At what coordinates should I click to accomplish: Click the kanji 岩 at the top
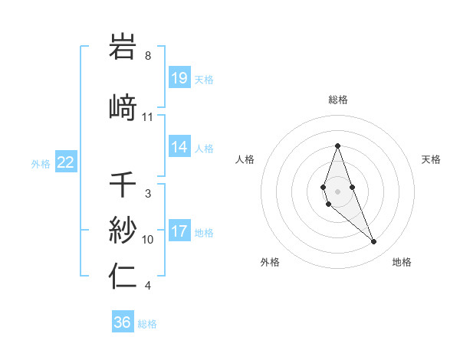pos(123,47)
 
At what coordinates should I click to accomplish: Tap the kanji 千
pos(123,185)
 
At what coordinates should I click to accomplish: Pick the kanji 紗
pos(123,229)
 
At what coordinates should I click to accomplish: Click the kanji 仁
pos(123,276)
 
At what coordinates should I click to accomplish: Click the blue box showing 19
pos(179,78)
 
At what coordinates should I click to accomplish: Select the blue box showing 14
pos(179,147)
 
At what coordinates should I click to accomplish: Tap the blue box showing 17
pos(179,231)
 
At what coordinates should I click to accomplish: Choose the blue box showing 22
pos(66,162)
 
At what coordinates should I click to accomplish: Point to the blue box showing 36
pos(123,322)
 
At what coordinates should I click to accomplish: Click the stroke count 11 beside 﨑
pos(147,117)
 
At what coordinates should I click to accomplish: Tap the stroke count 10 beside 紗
pos(147,240)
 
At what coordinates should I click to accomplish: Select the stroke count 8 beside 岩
pos(147,56)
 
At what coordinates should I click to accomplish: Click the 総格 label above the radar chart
pos(338,100)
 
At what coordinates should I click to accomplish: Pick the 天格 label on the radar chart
pos(431,159)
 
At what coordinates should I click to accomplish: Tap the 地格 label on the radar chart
pos(402,262)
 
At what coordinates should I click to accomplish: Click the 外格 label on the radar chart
pos(270,262)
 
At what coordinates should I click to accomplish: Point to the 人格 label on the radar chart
pos(245,159)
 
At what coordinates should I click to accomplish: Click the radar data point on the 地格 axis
pos(373,242)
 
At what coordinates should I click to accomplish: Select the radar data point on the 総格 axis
pos(337,146)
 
